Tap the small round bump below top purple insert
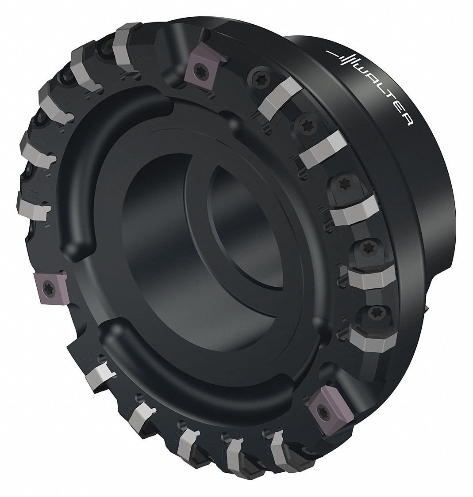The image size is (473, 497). coord(233,121)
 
